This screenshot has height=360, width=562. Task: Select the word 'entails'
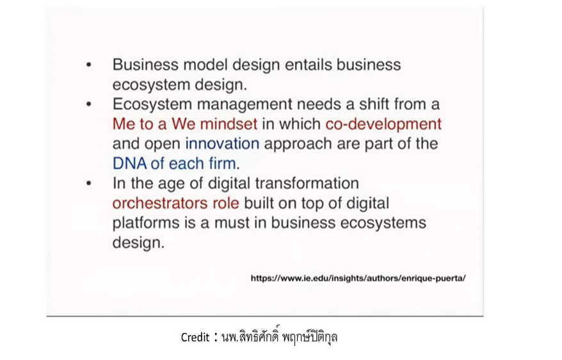[x=309, y=65]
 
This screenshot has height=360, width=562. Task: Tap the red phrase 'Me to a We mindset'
[x=185, y=124]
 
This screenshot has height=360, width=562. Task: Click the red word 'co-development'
[x=383, y=124]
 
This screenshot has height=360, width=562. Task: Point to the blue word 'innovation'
[x=222, y=143]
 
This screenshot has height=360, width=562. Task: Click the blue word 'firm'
[x=222, y=163]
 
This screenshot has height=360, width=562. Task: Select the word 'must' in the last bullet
[x=232, y=223]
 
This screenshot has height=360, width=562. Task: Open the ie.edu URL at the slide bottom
[x=358, y=278]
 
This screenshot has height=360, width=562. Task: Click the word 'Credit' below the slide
[x=195, y=338]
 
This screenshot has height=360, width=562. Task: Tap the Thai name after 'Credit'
[x=280, y=337]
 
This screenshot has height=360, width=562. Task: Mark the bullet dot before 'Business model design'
[x=89, y=65]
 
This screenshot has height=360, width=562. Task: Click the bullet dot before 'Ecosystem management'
[x=89, y=104]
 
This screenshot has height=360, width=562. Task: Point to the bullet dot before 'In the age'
[x=89, y=184]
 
